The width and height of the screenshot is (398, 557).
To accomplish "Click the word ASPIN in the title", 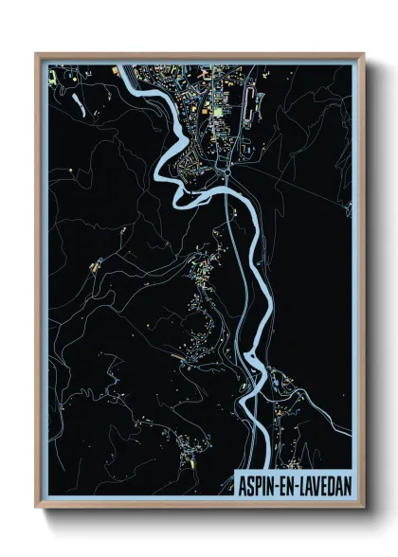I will [x=257, y=482].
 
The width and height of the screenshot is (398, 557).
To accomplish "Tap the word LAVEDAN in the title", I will [x=323, y=482].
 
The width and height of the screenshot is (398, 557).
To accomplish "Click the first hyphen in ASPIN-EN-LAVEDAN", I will [x=275, y=482].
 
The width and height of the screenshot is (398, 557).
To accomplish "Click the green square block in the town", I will [x=217, y=111].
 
